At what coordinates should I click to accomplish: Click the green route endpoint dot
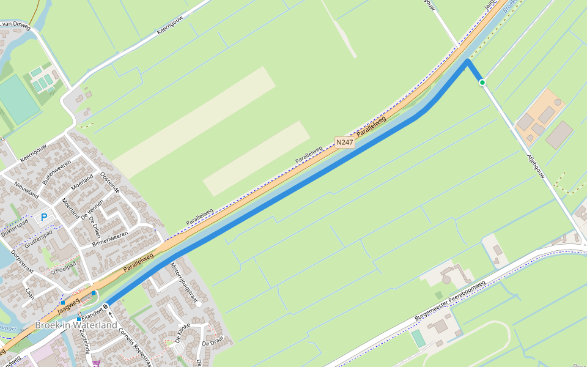pyautogui.click(x=482, y=82)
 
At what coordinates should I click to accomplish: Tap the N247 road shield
pyautogui.click(x=345, y=143)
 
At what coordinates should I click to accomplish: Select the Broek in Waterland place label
pyautogui.click(x=76, y=325)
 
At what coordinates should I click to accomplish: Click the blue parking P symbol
pyautogui.click(x=44, y=217)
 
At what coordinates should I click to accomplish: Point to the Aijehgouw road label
pyautogui.click(x=536, y=166)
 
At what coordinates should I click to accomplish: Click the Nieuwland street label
pyautogui.click(x=26, y=191)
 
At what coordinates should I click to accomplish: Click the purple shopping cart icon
pyautogui.click(x=97, y=363)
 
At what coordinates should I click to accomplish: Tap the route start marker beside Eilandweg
pyautogui.click(x=106, y=306)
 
